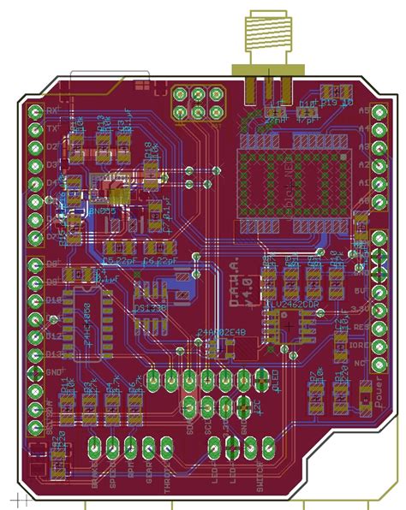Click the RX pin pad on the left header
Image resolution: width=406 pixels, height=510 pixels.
point(35,110)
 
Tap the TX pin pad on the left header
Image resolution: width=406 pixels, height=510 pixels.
point(35,128)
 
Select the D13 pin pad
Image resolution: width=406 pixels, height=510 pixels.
point(35,355)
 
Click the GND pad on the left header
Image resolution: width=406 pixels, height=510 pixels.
point(35,373)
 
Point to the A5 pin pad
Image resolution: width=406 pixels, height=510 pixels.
point(379,111)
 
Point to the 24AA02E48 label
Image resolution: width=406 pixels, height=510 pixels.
point(221,332)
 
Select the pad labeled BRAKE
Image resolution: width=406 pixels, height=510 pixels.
point(94,445)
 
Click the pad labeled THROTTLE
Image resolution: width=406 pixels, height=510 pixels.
point(167,445)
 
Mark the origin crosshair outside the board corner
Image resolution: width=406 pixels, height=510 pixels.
point(18,499)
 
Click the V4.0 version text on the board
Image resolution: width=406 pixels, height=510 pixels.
point(248,282)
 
